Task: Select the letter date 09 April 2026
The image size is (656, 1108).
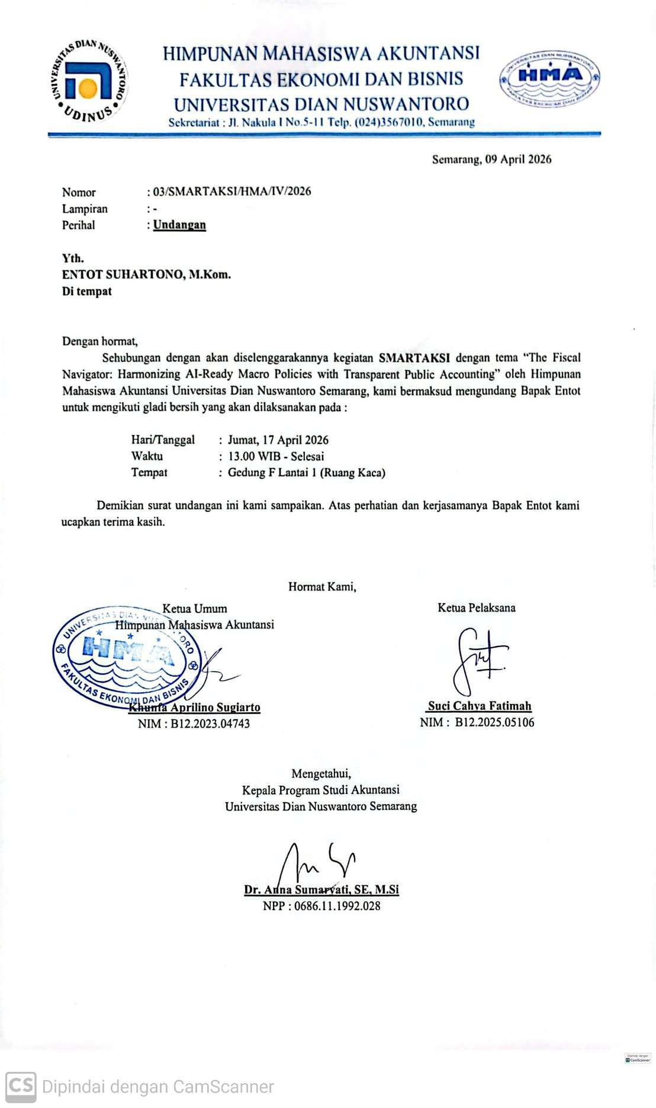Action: [518, 159]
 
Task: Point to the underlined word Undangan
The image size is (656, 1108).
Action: [179, 225]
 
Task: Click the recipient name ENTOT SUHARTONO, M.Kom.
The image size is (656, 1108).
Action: [146, 274]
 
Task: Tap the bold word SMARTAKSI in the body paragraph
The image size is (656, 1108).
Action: [414, 358]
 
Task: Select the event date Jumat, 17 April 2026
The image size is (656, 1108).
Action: [278, 440]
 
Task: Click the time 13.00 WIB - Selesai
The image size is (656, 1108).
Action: [276, 456]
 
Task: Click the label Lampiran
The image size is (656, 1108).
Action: [85, 209]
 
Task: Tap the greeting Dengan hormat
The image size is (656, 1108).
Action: [99, 341]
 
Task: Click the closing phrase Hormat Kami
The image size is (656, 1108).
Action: [322, 587]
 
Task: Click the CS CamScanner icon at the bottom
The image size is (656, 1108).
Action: [21, 1086]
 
